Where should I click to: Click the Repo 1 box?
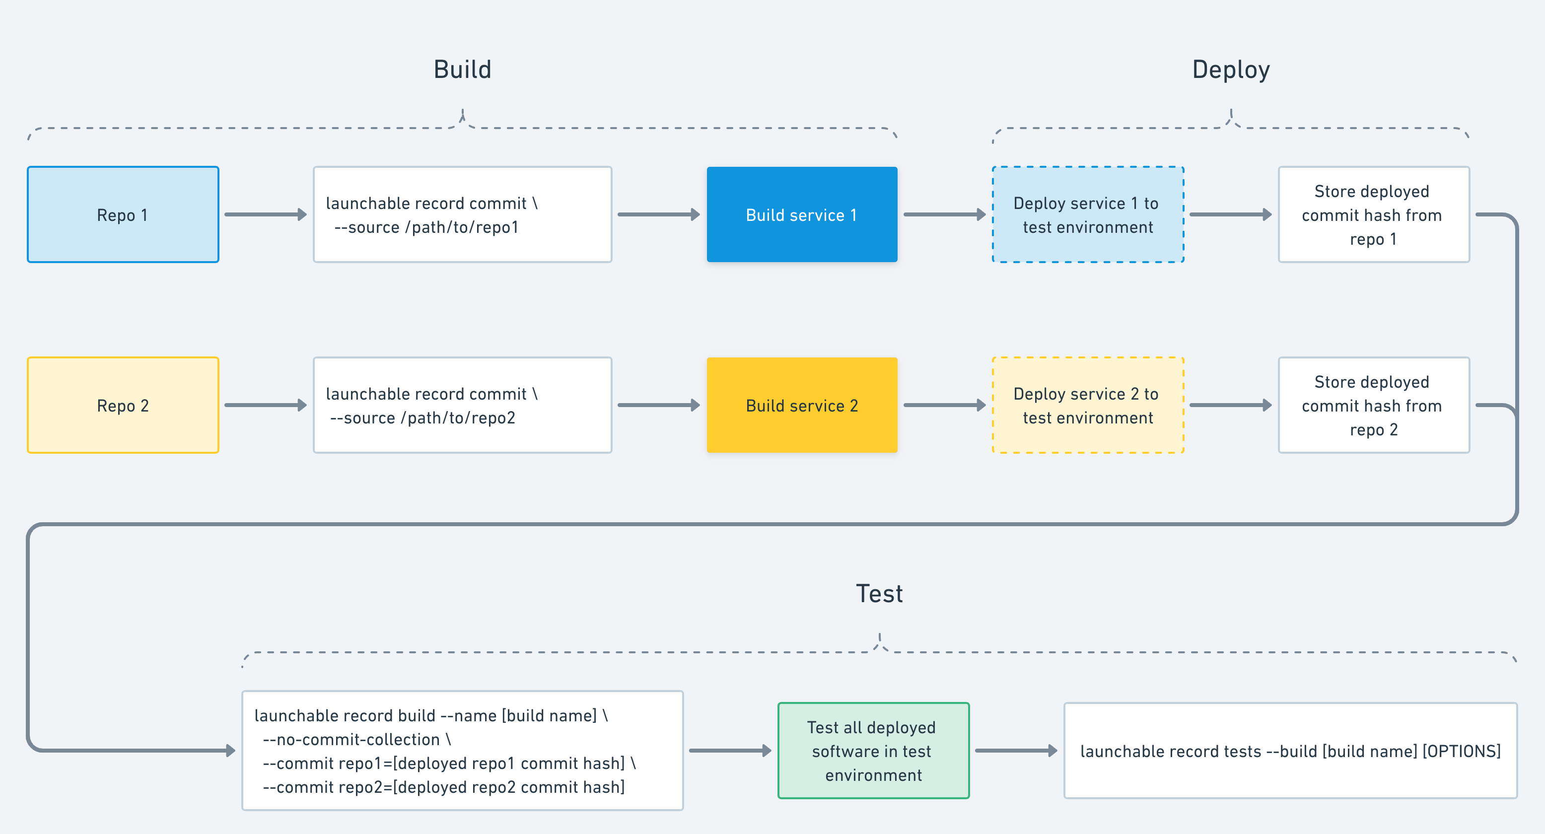(123, 214)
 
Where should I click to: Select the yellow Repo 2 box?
(123, 405)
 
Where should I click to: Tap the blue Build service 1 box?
(802, 214)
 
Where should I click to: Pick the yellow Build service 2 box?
(802, 405)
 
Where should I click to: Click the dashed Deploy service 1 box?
(1087, 214)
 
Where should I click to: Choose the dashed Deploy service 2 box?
(1087, 405)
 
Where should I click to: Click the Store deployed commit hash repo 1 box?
(1373, 214)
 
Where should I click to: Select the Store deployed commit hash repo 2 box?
(1373, 405)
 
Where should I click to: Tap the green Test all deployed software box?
(873, 751)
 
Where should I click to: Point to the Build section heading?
(462, 69)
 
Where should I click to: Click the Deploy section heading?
(1231, 69)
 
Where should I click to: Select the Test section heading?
(879, 594)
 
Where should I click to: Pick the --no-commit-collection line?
(356, 739)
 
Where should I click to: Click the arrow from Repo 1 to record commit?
(265, 214)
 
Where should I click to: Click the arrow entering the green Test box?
(729, 751)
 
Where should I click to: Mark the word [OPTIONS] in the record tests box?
(1461, 751)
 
